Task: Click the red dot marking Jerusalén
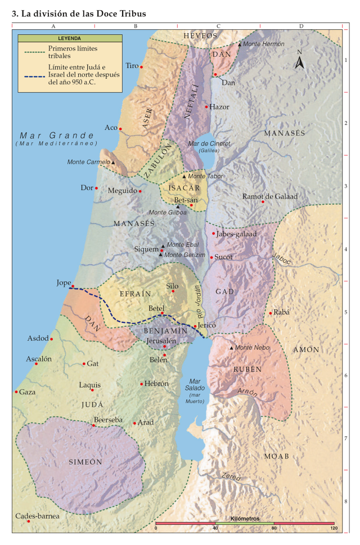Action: pos(165,346)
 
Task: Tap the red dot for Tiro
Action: pos(141,67)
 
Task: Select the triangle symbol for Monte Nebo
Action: pos(231,348)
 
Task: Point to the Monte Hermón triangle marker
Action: pos(240,44)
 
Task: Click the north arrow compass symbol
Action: pos(300,60)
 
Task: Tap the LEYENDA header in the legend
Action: pos(70,38)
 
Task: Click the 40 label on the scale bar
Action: pos(215,528)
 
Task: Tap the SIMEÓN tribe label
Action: pos(85,462)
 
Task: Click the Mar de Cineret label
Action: pos(210,144)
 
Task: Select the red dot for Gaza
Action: pos(16,392)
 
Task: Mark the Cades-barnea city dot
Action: pos(28,521)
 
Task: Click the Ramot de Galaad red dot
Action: pos(263,202)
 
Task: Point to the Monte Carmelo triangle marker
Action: pos(113,163)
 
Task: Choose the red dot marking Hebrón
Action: pos(141,384)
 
